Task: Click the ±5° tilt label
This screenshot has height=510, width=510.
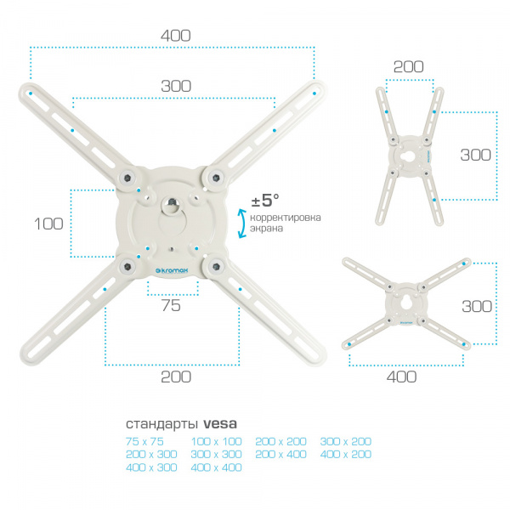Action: pos(265,200)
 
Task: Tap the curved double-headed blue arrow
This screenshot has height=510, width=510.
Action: pos(242,224)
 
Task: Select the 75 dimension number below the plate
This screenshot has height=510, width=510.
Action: pos(171,305)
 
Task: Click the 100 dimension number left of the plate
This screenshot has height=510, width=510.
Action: pos(48,224)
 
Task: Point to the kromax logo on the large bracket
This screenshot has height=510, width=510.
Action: pos(172,270)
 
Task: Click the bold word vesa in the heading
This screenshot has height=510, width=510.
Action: pos(220,423)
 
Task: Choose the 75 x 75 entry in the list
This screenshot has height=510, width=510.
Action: pos(144,441)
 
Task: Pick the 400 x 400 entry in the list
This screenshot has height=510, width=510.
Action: pos(216,467)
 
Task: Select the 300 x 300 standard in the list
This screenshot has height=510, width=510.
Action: pos(216,454)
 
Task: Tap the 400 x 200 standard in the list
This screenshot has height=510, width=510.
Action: pos(346,454)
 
